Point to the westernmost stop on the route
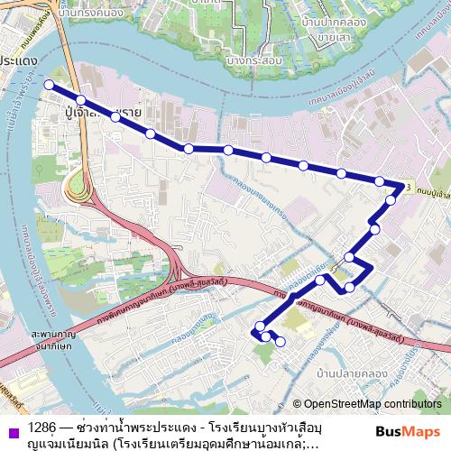pyautogui.click(x=48, y=85)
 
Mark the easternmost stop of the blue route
pyautogui.click(x=400, y=189)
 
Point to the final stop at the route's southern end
pyautogui.click(x=281, y=341)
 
